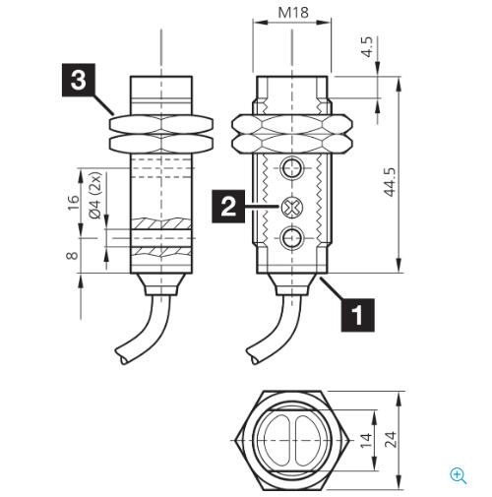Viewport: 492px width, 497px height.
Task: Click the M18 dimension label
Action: (x=293, y=13)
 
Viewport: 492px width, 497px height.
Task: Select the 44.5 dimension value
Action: (x=390, y=182)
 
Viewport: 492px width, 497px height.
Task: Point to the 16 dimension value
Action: (x=73, y=203)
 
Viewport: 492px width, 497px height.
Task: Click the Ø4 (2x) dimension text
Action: (x=95, y=195)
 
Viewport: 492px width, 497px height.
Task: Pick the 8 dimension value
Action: (x=72, y=255)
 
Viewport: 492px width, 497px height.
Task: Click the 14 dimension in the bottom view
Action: (x=366, y=440)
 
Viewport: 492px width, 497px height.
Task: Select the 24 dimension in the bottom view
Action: (x=391, y=440)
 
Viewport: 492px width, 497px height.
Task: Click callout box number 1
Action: (x=357, y=315)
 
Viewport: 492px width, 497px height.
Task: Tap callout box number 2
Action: (x=228, y=207)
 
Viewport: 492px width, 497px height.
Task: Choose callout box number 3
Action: (x=79, y=80)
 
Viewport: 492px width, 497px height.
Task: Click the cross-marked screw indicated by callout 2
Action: (x=291, y=207)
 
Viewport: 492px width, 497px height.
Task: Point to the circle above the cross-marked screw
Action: (x=291, y=168)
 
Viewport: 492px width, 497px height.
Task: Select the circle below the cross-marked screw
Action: (x=291, y=237)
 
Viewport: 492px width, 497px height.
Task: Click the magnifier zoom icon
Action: (x=459, y=476)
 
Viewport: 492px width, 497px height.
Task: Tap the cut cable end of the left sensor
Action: (x=122, y=356)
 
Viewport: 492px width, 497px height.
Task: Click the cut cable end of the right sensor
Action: (x=253, y=356)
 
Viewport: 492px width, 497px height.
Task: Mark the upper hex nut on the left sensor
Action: (x=160, y=124)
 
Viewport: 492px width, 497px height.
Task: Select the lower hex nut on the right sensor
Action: (x=291, y=144)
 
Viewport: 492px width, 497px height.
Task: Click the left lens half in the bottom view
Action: (x=277, y=440)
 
